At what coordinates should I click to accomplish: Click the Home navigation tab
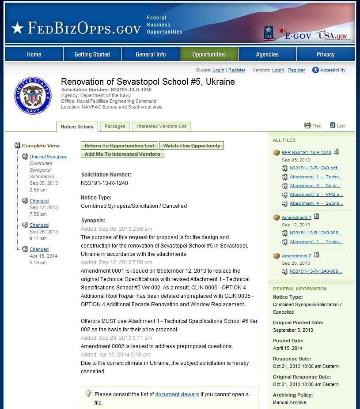(x=34, y=54)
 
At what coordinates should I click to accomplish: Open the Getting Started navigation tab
(x=92, y=54)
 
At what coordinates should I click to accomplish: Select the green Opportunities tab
(x=209, y=54)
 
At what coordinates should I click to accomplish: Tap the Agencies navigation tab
(x=267, y=54)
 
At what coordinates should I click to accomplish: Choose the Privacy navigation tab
(x=326, y=54)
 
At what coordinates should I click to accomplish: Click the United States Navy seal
(x=33, y=95)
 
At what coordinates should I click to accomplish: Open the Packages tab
(x=115, y=126)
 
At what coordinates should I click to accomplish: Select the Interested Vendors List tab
(x=161, y=126)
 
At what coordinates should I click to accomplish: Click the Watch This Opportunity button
(x=192, y=146)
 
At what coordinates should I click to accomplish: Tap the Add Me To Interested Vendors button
(x=122, y=154)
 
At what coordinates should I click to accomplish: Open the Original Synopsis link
(x=48, y=157)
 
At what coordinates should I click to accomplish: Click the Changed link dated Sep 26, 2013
(x=39, y=225)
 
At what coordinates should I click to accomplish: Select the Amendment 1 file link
(x=296, y=218)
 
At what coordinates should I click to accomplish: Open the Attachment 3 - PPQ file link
(x=316, y=195)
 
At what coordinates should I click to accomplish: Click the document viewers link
(x=177, y=394)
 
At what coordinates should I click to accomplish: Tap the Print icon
(x=308, y=125)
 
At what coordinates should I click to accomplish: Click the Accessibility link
(x=333, y=70)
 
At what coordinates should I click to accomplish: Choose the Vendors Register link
(x=296, y=70)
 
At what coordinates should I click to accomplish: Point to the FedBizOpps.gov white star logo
(x=17, y=28)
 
